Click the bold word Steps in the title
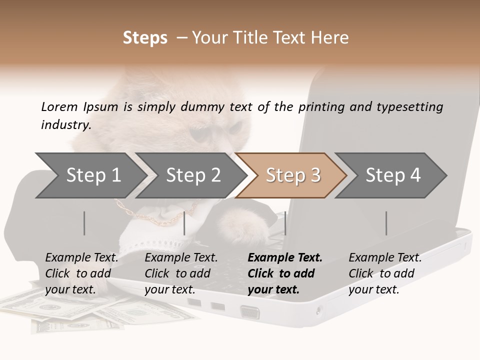(145, 37)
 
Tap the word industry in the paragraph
(66, 124)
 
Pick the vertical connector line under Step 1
(84, 223)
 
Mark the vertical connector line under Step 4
(386, 223)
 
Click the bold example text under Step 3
(285, 273)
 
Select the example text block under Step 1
(82, 273)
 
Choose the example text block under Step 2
(181, 273)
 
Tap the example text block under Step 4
(385, 273)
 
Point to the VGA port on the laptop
(250, 312)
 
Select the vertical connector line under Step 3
(285, 223)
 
